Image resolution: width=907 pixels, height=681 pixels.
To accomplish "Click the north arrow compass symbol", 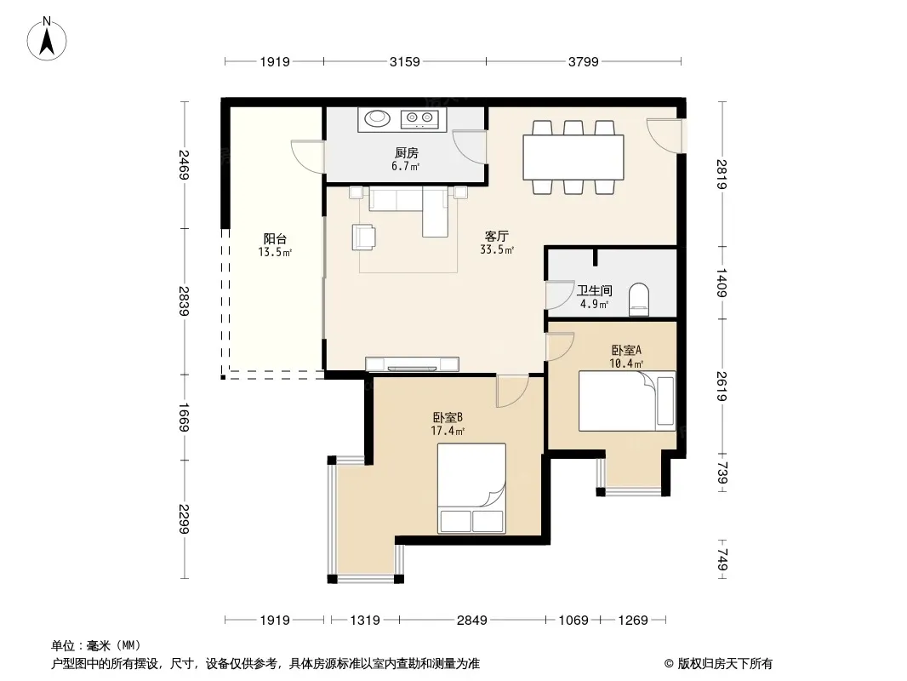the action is click(x=47, y=39).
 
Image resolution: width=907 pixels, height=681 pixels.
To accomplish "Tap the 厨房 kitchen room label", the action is click(x=406, y=153).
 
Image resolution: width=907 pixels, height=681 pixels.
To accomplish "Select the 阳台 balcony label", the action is click(x=275, y=239).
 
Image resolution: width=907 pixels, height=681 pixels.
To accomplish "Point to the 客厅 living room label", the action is click(x=496, y=236).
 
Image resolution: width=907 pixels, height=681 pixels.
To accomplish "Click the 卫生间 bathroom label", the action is click(x=594, y=290).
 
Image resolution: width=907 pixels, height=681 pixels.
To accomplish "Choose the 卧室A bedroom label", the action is click(x=626, y=350).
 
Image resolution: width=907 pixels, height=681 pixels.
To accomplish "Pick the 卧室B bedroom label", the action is click(x=448, y=417).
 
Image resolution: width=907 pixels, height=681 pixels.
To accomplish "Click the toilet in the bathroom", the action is click(x=639, y=299).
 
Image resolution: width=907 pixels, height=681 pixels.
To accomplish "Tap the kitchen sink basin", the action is click(x=377, y=118).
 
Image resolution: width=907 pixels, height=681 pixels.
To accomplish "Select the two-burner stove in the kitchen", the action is click(x=419, y=119).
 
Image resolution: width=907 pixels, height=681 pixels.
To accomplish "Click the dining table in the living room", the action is click(x=573, y=157).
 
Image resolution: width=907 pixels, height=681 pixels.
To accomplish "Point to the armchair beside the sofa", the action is click(x=364, y=237).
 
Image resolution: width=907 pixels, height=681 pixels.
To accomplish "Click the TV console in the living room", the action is click(x=413, y=364).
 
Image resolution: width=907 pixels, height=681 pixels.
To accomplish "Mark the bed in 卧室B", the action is click(x=471, y=489).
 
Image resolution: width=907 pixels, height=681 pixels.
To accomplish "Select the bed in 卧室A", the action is click(x=627, y=400).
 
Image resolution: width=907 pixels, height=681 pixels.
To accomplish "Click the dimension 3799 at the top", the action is click(x=583, y=61).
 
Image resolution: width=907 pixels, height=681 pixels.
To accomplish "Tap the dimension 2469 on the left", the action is click(x=184, y=165).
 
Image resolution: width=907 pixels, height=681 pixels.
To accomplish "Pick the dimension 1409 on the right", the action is click(x=722, y=283).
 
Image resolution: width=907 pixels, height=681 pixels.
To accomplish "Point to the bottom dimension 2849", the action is click(x=472, y=621).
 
